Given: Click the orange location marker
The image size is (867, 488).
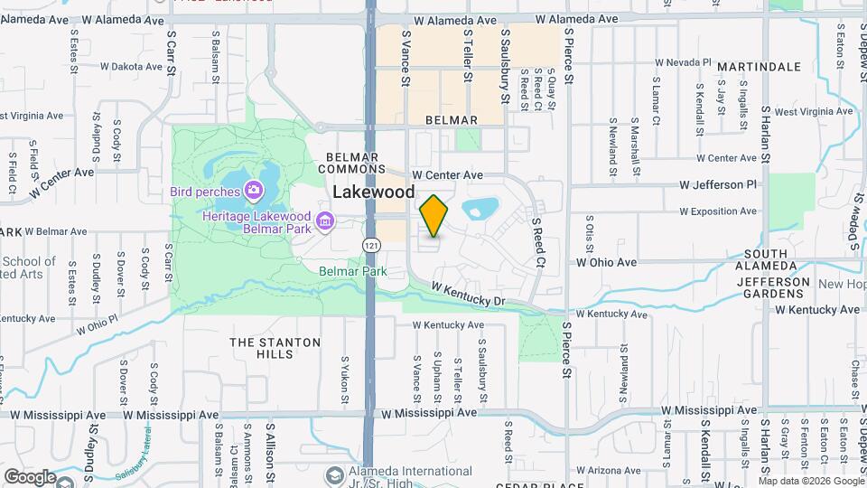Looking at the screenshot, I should (x=434, y=216).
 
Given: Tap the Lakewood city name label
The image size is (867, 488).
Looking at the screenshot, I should (x=374, y=192).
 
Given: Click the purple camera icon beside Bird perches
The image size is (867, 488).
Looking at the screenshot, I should (x=253, y=191).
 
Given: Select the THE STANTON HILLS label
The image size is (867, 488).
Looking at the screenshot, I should (x=275, y=348).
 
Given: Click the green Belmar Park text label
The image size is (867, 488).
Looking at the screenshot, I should (x=353, y=271).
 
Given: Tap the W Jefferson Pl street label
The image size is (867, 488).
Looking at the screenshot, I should (x=718, y=184).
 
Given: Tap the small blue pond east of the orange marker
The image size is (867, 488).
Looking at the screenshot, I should (x=480, y=209).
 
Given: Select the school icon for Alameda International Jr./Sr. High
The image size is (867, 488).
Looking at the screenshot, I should (x=335, y=475).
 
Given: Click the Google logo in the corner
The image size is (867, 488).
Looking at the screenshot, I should (x=30, y=476).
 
